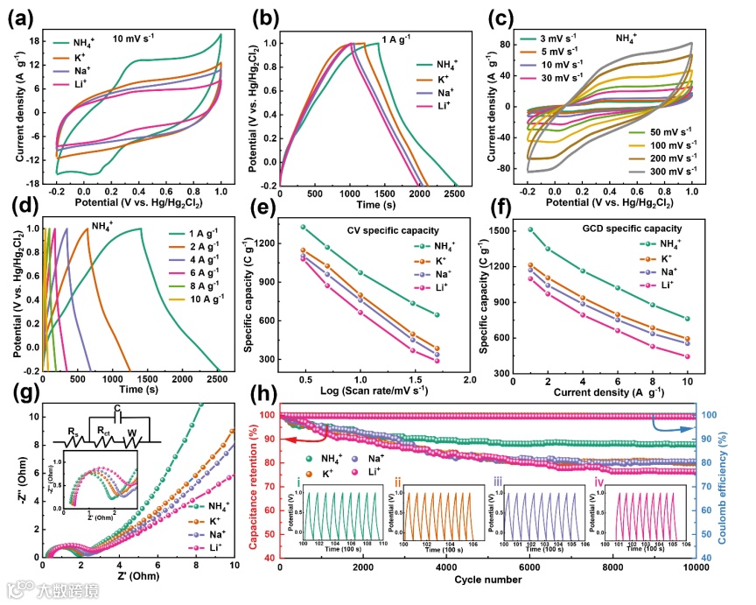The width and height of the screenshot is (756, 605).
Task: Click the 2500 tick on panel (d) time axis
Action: tap(220, 379)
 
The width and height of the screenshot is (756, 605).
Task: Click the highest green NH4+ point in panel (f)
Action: tap(530, 229)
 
